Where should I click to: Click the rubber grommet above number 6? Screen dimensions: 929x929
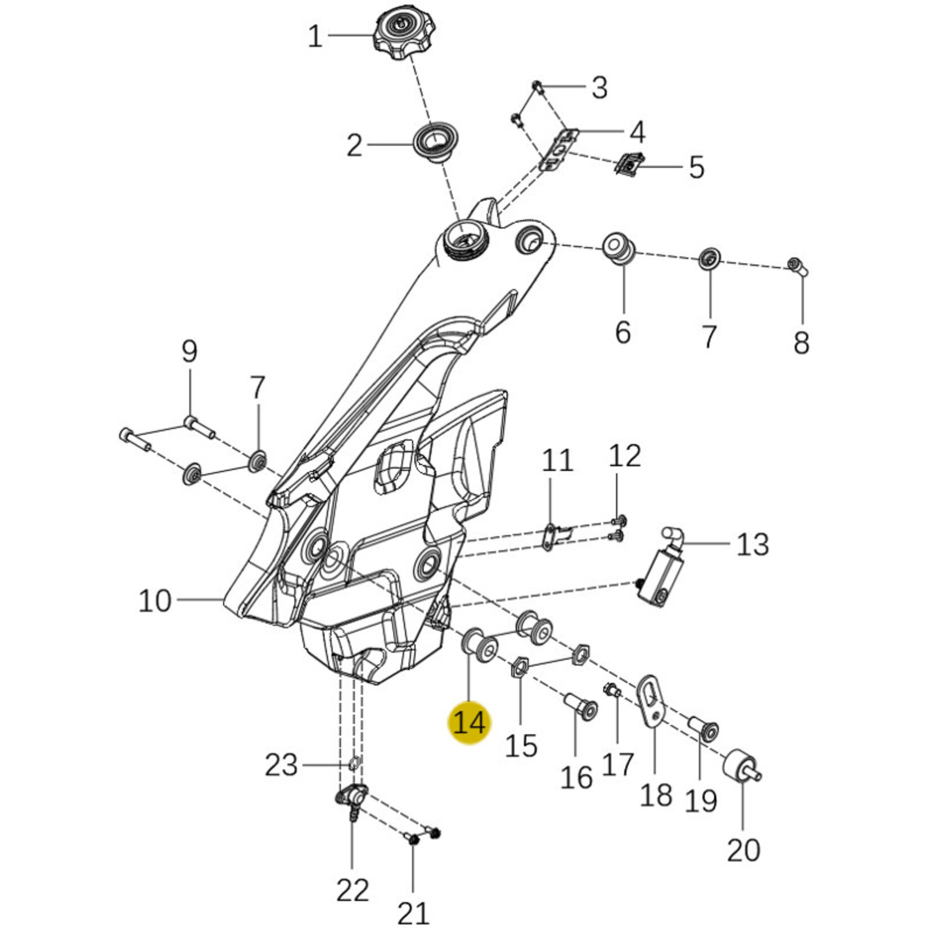coord(620,248)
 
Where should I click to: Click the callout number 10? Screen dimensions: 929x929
coord(155,601)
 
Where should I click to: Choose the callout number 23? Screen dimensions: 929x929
coord(281,765)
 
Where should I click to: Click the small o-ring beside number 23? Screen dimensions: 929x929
coord(354,763)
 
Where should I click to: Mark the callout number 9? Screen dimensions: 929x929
coord(190,351)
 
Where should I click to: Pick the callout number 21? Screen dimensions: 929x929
coord(413,912)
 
